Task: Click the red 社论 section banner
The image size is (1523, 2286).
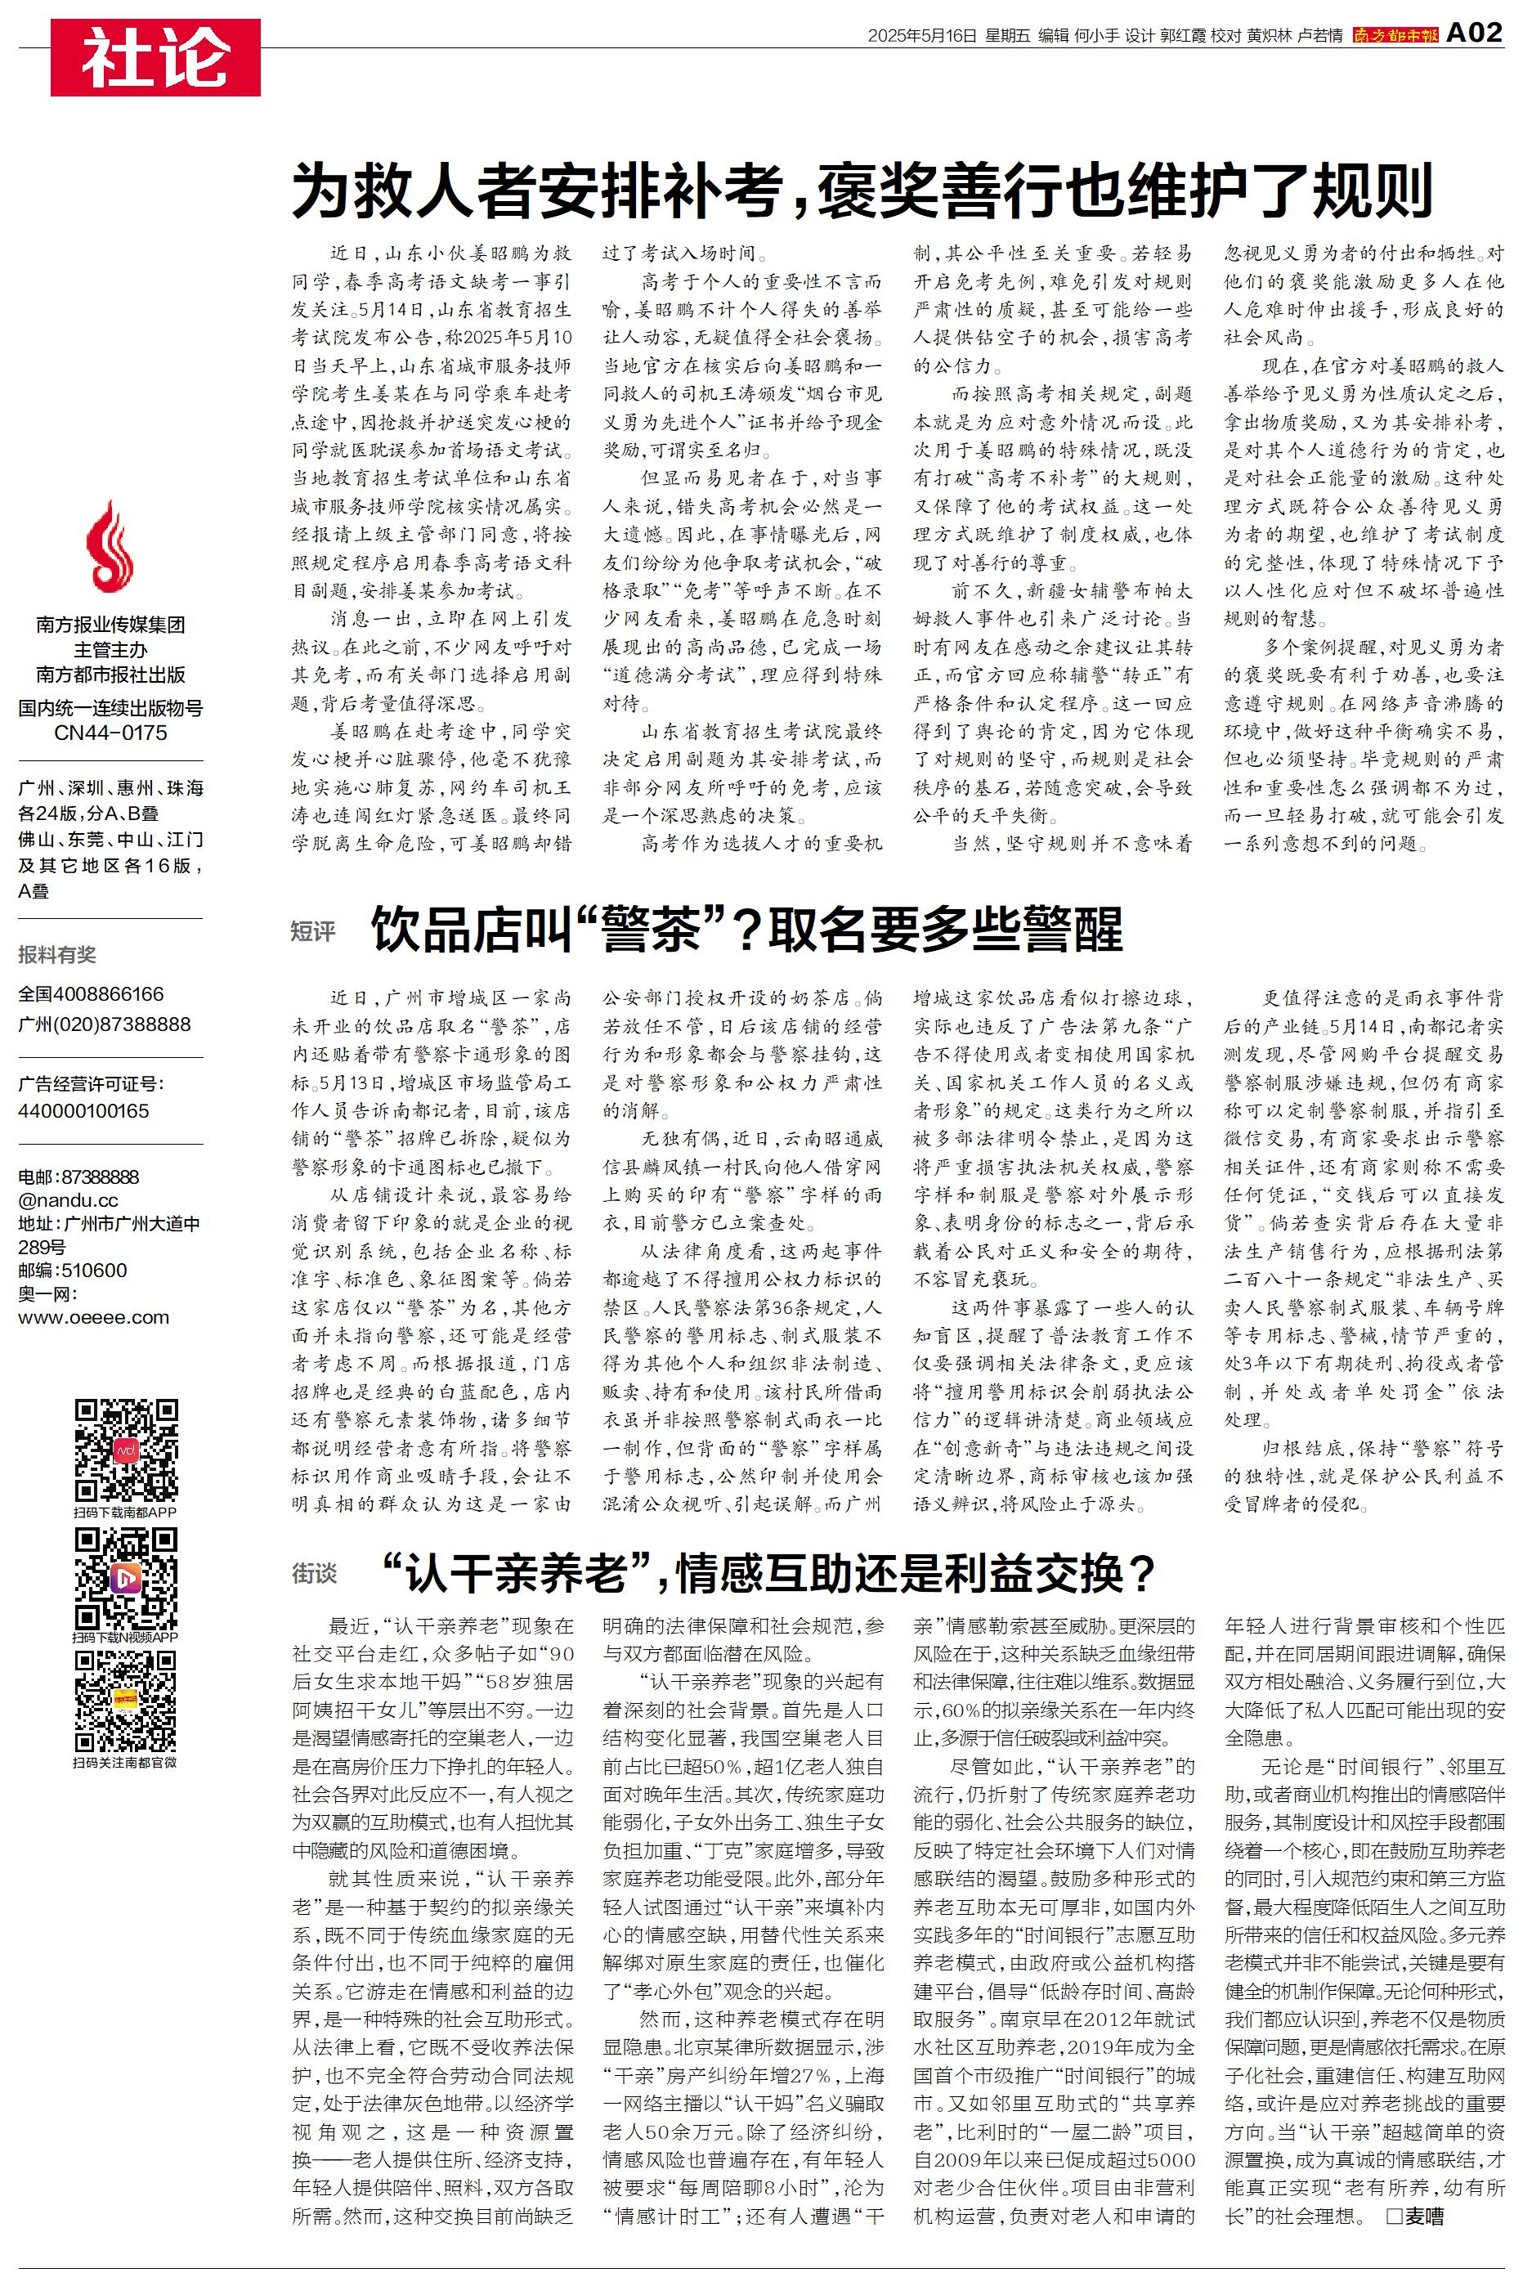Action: click(x=155, y=57)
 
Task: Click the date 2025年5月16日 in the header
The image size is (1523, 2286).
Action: click(x=921, y=36)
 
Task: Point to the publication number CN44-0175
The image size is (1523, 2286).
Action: click(x=110, y=733)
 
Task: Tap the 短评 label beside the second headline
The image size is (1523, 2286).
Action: click(x=313, y=931)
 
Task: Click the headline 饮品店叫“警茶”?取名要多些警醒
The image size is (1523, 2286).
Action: click(x=746, y=930)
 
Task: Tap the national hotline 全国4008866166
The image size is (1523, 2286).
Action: click(x=92, y=993)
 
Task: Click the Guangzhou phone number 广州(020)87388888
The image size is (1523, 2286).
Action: click(x=104, y=1024)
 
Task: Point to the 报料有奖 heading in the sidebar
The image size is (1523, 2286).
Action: click(x=57, y=955)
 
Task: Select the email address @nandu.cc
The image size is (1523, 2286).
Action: click(x=68, y=1200)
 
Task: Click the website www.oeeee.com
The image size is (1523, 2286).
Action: click(x=93, y=1318)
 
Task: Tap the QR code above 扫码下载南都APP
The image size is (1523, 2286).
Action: click(x=126, y=1450)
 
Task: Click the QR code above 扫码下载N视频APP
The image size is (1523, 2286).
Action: click(x=126, y=1578)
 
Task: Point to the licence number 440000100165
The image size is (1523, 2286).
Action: click(x=83, y=1110)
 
